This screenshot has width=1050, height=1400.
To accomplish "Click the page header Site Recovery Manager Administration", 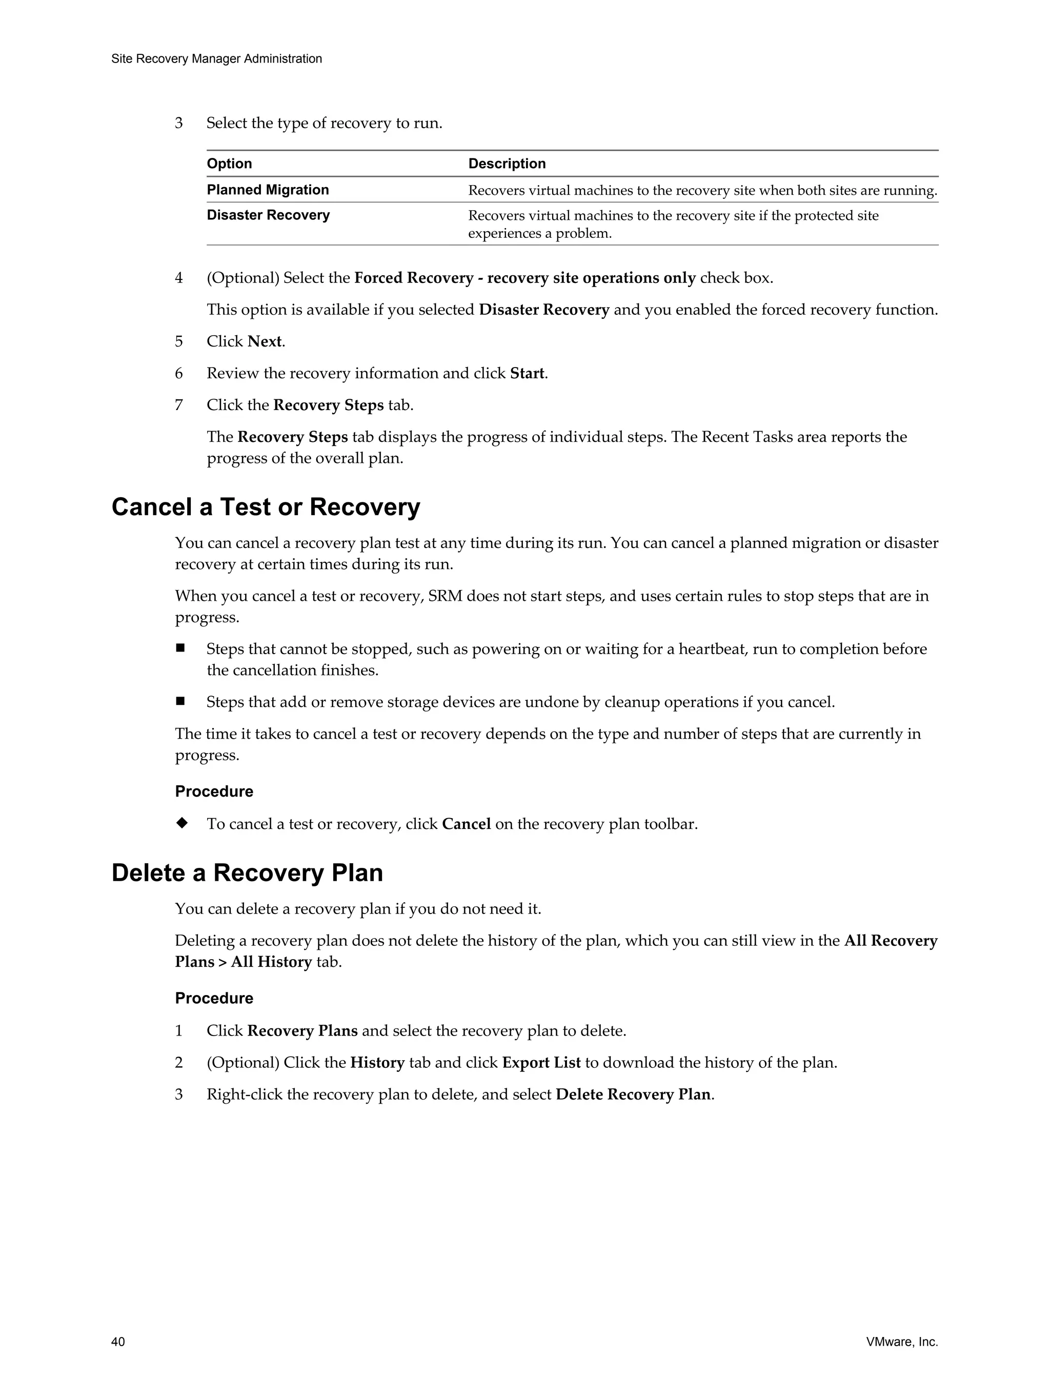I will [x=216, y=59].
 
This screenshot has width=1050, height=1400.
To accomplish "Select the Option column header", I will [x=229, y=164].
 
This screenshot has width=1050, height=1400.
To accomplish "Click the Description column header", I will [x=507, y=164].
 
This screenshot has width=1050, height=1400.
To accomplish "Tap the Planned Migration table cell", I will [x=268, y=190].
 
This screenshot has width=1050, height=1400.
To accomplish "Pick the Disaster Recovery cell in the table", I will [x=268, y=215].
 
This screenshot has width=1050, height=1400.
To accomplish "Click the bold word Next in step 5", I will [x=265, y=342].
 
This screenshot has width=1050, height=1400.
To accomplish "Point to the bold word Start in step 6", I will [x=527, y=373].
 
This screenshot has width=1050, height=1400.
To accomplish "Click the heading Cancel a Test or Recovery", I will [x=265, y=508].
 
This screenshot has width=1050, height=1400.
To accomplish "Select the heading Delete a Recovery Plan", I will [x=247, y=873].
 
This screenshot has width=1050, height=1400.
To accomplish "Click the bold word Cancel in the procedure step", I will [x=466, y=824].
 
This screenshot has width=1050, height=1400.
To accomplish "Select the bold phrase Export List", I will [x=540, y=1063].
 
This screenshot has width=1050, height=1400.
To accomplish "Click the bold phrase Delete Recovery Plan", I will [x=633, y=1094].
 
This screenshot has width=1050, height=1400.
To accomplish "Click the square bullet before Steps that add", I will [x=180, y=701].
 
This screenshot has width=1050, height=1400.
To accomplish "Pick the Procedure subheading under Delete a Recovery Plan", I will [x=214, y=998].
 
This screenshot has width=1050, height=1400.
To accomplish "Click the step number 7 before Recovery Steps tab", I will [x=179, y=405].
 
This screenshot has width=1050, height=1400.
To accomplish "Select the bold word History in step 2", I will [x=377, y=1063].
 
